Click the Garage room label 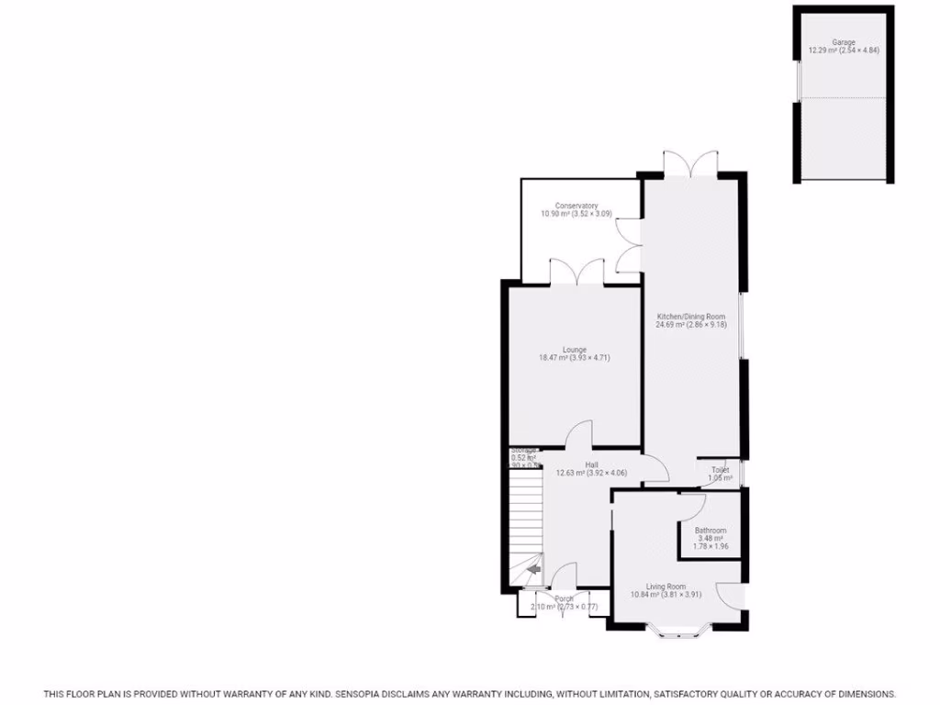coord(844,42)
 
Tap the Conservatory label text coord(576,206)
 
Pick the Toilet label coord(720,470)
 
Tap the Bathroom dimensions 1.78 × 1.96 coord(711,546)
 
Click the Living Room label coord(666,587)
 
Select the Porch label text coord(563,599)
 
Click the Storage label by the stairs coord(523,450)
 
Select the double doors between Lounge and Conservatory coord(576,273)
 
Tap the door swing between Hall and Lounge coord(580,434)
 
